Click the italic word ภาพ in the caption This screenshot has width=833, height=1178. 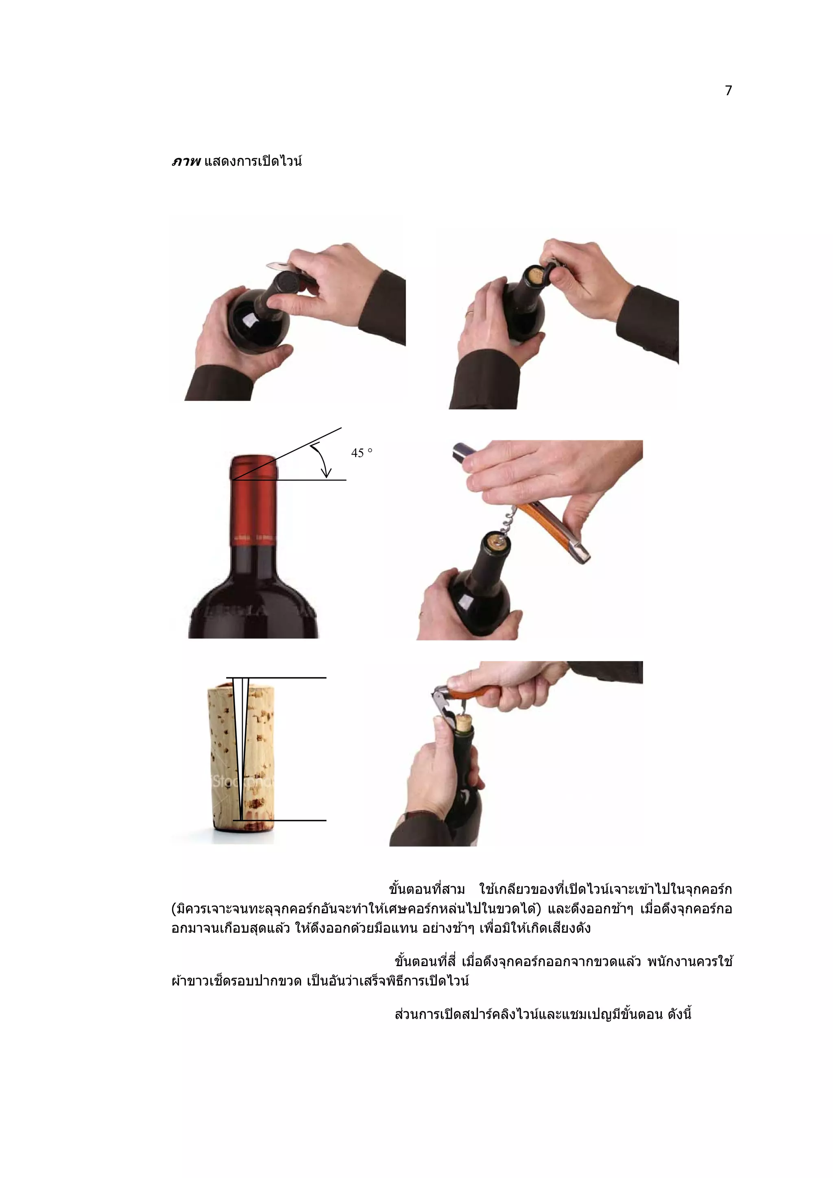click(186, 161)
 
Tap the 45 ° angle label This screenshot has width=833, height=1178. click(361, 453)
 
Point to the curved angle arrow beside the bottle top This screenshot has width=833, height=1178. click(322, 459)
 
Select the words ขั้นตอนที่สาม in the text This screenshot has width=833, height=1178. click(427, 888)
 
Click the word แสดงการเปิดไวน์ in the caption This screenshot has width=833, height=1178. click(253, 161)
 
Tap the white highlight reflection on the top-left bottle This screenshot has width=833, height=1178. click(251, 321)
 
